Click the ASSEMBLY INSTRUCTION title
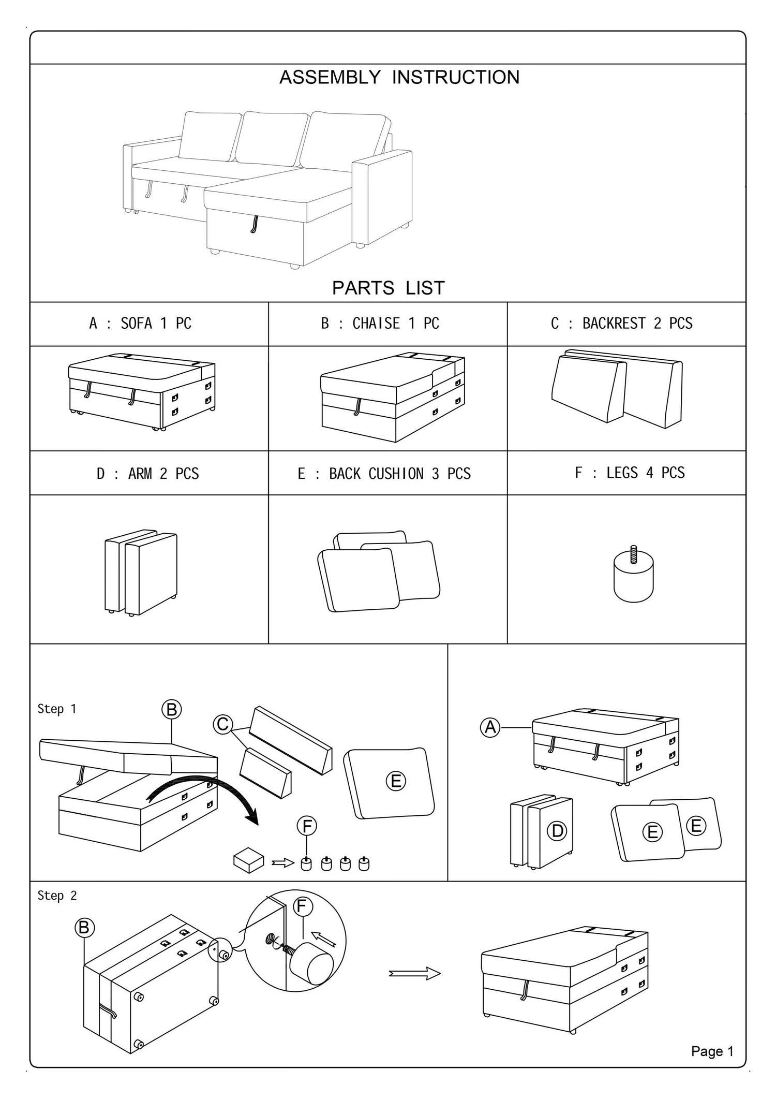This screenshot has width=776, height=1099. click(x=399, y=77)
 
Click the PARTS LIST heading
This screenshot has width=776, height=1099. click(x=388, y=288)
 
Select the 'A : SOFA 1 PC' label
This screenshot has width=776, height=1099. click(x=140, y=324)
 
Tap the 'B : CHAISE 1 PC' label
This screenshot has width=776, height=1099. click(x=380, y=324)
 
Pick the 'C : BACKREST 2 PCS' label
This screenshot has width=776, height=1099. click(x=621, y=324)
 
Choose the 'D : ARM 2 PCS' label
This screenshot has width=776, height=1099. click(x=147, y=474)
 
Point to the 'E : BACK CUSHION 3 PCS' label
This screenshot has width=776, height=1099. click(x=384, y=474)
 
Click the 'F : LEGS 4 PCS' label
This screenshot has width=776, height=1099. click(x=630, y=473)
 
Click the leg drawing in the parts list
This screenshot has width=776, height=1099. click(x=633, y=575)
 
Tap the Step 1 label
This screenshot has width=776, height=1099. click(x=57, y=709)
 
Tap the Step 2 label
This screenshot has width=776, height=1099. click(x=57, y=896)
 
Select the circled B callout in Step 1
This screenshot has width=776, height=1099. click(x=172, y=709)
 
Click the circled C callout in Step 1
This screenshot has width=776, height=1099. click(x=223, y=724)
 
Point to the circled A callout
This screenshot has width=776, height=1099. click(x=490, y=727)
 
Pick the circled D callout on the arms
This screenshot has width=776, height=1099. click(x=557, y=831)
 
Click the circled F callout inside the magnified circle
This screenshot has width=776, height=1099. click(x=303, y=906)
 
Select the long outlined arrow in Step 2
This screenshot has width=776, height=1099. click(x=414, y=974)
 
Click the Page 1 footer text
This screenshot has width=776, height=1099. click(x=712, y=1051)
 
